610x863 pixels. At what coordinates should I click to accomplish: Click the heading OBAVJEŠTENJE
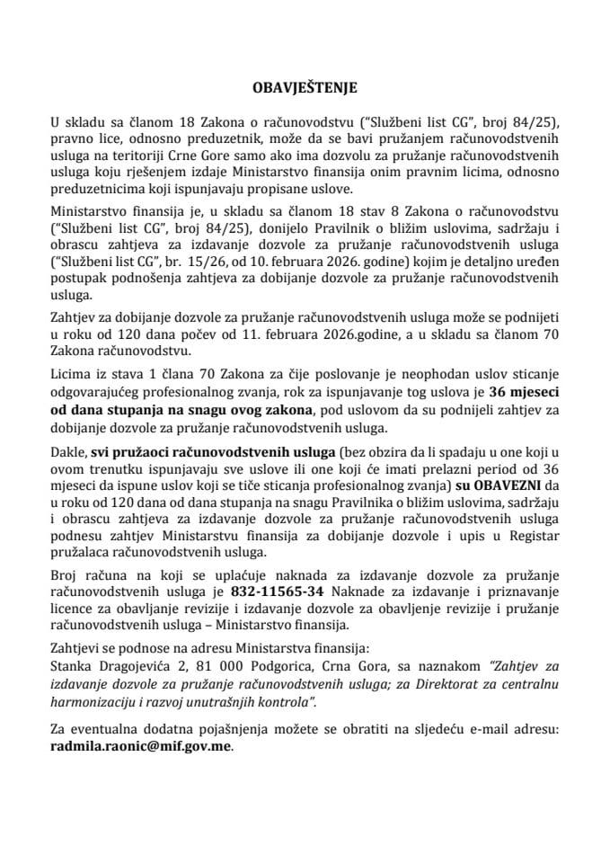click(305, 88)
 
